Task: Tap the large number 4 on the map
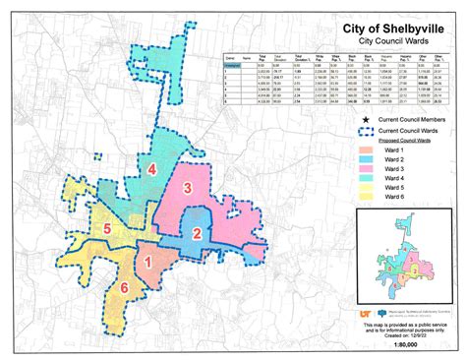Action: click(x=152, y=169)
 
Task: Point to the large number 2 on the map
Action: click(x=197, y=233)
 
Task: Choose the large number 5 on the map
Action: click(x=107, y=230)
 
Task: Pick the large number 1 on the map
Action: click(x=148, y=262)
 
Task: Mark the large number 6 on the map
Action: click(x=124, y=287)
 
